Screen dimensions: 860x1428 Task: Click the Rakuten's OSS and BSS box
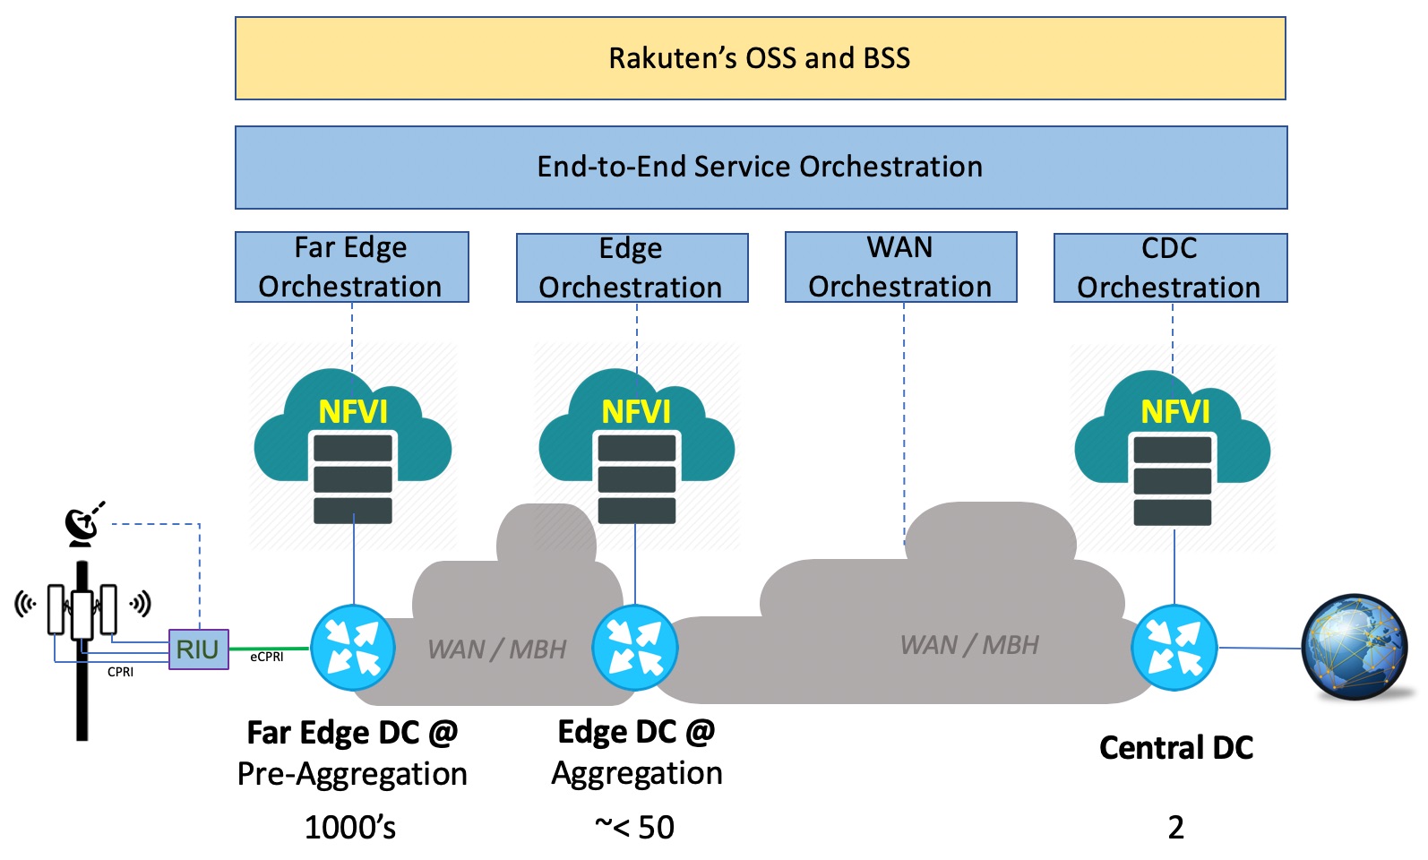[x=760, y=58]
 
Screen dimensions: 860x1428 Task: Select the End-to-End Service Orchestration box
[x=760, y=167]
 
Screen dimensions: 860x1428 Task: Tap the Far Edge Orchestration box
[x=351, y=267]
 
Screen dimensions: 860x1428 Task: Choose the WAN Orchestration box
[x=900, y=267]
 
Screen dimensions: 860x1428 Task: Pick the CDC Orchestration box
[x=1169, y=268]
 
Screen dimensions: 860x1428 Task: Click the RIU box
[x=198, y=649]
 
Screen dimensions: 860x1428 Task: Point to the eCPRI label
[x=267, y=657]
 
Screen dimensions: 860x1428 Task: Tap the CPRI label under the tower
[x=120, y=672]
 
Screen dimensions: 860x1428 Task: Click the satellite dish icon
[x=83, y=526]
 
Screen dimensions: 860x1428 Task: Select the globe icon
[x=1354, y=647]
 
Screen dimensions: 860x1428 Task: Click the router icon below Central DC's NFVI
[x=1174, y=648]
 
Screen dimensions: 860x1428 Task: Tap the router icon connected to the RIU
[x=353, y=648]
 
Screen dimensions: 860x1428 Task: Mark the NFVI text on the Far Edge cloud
[x=353, y=412]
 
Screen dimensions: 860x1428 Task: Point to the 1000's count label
[x=350, y=828]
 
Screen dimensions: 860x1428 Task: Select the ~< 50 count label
[x=634, y=828]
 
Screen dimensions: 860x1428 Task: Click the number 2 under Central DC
[x=1175, y=828]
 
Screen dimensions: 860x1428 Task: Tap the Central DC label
[x=1175, y=748]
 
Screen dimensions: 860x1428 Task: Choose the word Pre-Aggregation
[x=352, y=774]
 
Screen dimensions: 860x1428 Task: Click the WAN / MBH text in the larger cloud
[x=969, y=645]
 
